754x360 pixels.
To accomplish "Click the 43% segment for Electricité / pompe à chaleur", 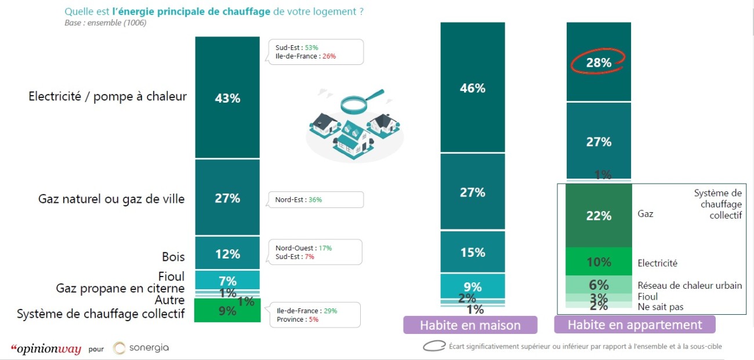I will (x=227, y=98).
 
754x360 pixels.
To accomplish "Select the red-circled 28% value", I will (x=598, y=62).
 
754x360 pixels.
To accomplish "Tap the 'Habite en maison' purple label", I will (x=470, y=325).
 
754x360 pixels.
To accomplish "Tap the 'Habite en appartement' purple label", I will (x=635, y=325).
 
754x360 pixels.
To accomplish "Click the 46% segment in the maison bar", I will (x=473, y=88).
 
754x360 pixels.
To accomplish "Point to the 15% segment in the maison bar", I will (x=473, y=252).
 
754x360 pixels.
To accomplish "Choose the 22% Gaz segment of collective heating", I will (x=598, y=216).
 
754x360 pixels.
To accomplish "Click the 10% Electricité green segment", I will (x=598, y=262).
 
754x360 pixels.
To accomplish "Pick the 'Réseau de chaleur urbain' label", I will (x=690, y=285).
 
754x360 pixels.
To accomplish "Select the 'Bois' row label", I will (x=173, y=256).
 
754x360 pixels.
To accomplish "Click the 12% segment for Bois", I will (x=227, y=254).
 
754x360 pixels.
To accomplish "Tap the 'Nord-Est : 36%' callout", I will (x=299, y=200).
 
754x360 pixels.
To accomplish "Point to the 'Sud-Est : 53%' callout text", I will (x=297, y=48).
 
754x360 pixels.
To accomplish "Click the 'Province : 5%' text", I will (x=298, y=319).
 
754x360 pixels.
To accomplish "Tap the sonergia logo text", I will (x=148, y=348).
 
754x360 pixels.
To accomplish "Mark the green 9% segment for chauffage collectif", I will (x=227, y=311).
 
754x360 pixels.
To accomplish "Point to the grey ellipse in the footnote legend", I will (x=434, y=346).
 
